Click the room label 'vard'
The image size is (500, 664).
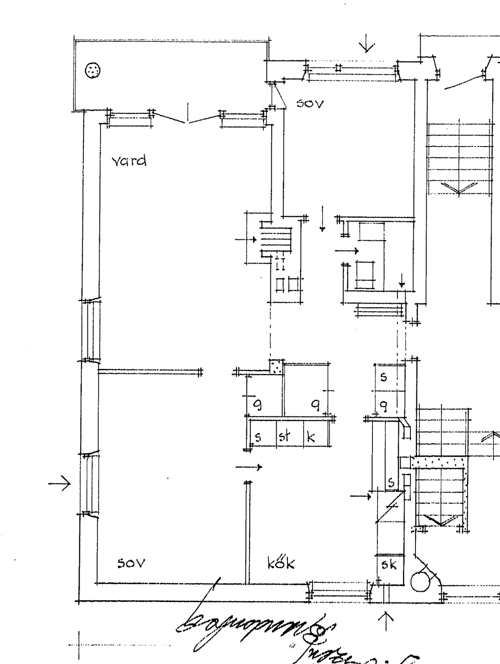coord(129,161)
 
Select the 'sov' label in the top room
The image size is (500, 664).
coord(310,103)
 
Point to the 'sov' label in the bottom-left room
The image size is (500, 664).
coord(131,563)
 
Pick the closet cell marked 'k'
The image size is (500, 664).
coord(311,437)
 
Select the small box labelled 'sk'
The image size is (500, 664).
coord(389,565)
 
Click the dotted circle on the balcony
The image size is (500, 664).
coord(92,71)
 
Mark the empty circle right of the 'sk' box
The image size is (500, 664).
coord(420,582)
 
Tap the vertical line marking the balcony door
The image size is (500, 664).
coord(188,112)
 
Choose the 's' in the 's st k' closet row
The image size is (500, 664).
coord(258,437)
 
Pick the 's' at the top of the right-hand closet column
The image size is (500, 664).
coord(384,377)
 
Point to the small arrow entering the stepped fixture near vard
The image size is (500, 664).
coord(246,239)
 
